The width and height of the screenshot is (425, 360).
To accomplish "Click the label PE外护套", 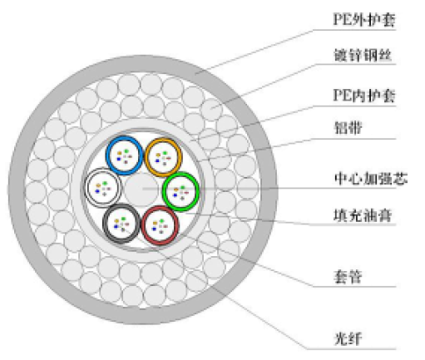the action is point(364,20).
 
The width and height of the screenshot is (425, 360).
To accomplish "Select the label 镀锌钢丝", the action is point(363,55).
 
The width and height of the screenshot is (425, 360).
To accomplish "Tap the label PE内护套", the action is point(364,96).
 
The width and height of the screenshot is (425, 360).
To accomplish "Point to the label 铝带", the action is point(348,128).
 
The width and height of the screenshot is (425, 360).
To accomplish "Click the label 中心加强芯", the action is point(371,178).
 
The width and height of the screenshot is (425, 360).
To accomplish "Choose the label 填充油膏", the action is point(363,215).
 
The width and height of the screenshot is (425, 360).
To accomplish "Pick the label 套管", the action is point(348,277).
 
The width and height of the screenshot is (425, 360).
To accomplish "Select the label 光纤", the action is point(348,339).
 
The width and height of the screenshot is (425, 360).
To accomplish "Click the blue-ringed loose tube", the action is point(124,155).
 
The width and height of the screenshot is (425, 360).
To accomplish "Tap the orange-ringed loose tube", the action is point(164,157).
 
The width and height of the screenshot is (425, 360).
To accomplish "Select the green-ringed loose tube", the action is point(180,191).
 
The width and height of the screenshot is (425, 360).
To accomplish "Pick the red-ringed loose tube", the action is point(160,225).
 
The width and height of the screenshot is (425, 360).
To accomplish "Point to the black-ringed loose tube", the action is point(121,224).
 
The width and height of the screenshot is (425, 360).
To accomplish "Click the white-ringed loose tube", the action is point(103,188).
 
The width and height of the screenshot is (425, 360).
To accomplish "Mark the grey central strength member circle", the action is point(141,190).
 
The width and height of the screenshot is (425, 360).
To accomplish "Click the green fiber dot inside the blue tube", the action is point(126,151).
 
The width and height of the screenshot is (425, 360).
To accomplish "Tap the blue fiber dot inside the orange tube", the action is point(157,160).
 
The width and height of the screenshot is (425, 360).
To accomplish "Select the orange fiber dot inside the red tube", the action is point(155,223).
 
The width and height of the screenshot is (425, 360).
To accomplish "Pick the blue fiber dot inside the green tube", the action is point(175,195).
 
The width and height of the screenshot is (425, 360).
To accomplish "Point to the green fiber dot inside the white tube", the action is point(105,183).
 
